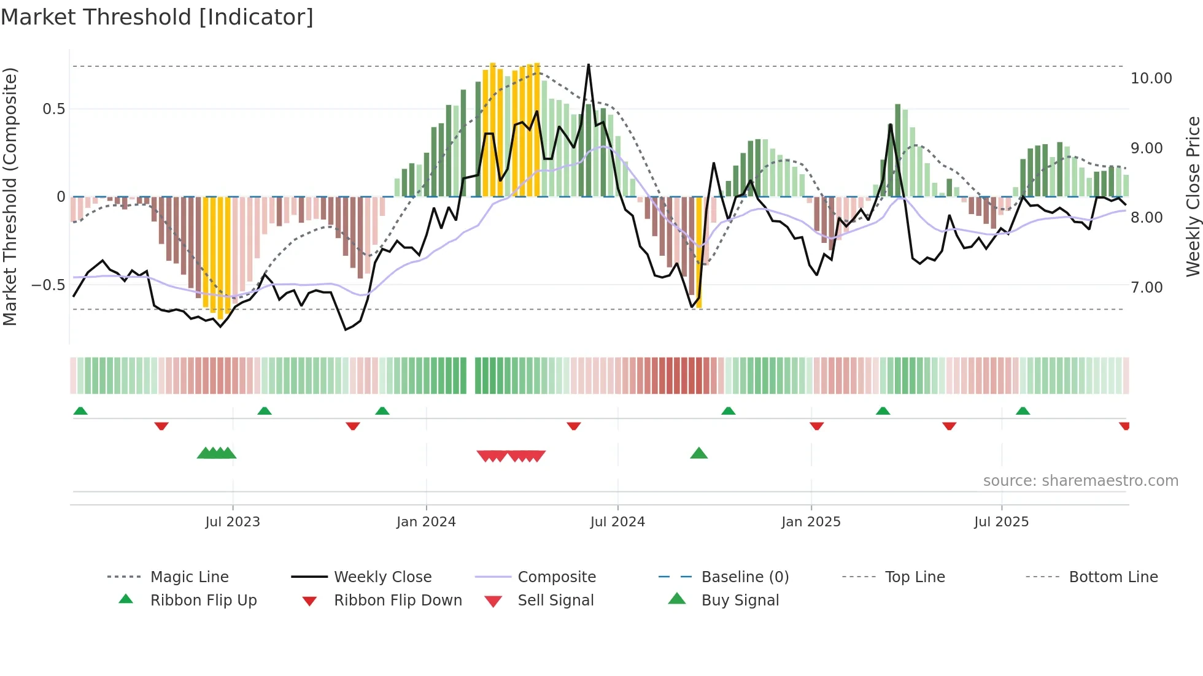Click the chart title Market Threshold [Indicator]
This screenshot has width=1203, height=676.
(x=157, y=17)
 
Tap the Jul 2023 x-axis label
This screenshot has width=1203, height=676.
(x=233, y=522)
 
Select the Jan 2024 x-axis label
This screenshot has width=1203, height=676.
(x=426, y=522)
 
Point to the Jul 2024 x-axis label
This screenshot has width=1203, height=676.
(x=617, y=522)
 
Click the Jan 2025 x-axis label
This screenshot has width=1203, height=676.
(x=811, y=522)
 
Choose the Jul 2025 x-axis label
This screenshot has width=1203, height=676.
(x=1001, y=522)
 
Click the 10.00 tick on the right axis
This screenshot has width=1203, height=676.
(x=1151, y=79)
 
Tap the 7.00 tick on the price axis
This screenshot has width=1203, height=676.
(x=1146, y=288)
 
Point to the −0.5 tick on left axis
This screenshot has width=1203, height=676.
(x=48, y=285)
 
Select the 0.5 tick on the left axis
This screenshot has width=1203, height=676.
(x=53, y=109)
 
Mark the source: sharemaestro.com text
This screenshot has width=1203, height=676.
(x=1080, y=481)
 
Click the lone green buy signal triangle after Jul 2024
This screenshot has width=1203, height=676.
(x=698, y=454)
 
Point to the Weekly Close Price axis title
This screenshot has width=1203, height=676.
(x=1193, y=196)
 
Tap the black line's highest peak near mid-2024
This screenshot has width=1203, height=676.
(x=589, y=64)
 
